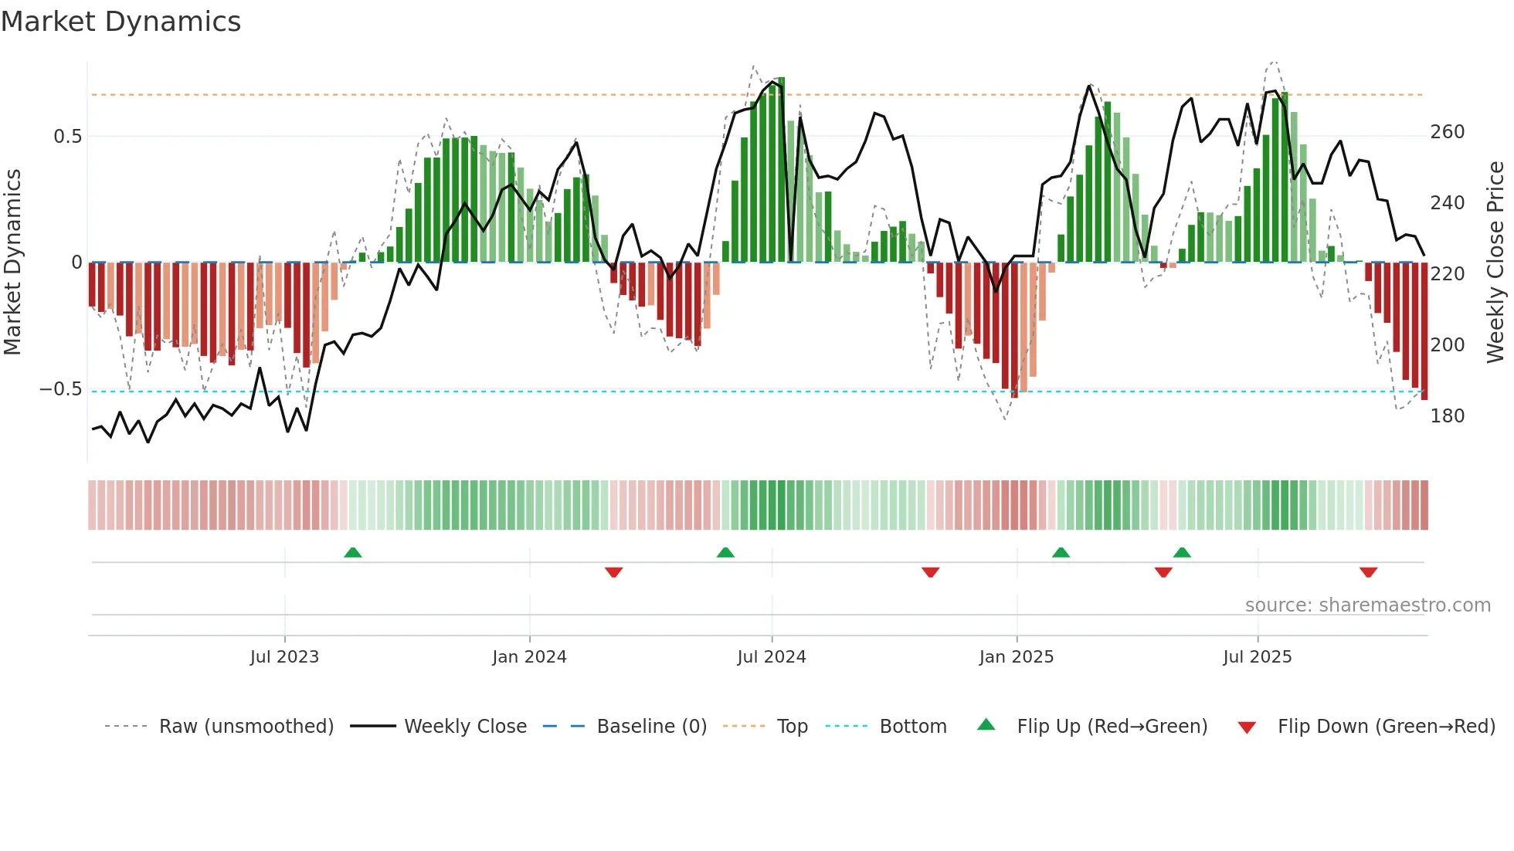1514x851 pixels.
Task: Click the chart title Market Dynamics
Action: click(x=121, y=22)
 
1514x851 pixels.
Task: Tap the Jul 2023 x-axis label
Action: click(x=284, y=657)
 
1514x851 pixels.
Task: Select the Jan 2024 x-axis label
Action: click(x=529, y=657)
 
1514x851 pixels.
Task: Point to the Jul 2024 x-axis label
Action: click(x=771, y=657)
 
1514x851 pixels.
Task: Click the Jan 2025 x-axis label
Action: click(x=1016, y=657)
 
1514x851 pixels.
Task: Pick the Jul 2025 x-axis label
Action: click(x=1257, y=657)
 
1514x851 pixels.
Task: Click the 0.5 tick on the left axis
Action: click(x=68, y=137)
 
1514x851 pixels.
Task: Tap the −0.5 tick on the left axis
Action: click(x=61, y=389)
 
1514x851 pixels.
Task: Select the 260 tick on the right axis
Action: click(x=1447, y=132)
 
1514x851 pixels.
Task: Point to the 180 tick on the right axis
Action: click(x=1447, y=416)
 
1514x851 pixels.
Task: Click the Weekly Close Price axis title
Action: click(x=1495, y=263)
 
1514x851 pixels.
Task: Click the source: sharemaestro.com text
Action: click(x=1367, y=605)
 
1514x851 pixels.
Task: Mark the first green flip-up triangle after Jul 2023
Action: click(x=352, y=552)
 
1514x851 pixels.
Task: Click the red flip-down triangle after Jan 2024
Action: click(x=613, y=572)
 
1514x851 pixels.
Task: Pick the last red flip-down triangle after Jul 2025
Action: click(x=1368, y=572)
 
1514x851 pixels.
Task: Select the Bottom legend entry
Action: click(x=912, y=727)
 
